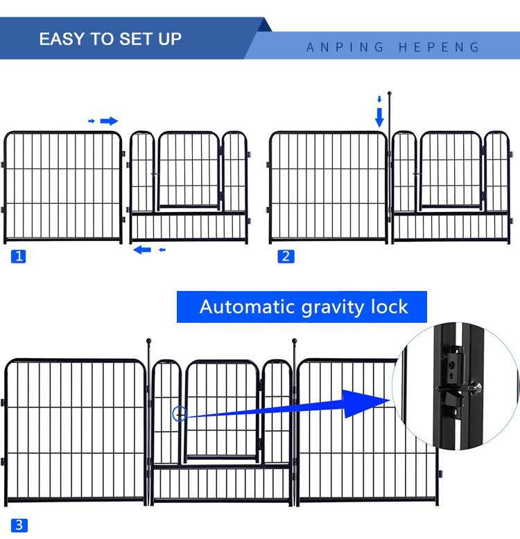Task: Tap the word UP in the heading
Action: tap(170, 39)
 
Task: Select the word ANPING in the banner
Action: tap(345, 47)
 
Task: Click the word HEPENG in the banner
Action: tap(439, 47)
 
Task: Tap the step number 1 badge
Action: tap(19, 256)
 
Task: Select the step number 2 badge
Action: tap(286, 256)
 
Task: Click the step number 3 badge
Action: tap(19, 525)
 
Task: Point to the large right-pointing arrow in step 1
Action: tap(109, 121)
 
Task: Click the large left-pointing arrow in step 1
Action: tap(142, 250)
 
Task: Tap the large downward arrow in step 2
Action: tap(379, 118)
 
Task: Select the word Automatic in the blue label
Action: tap(247, 307)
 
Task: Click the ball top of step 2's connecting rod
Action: tap(390, 93)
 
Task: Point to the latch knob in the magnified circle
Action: tap(477, 389)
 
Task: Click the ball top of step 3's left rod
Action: tap(148, 341)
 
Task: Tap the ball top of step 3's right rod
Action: tap(295, 341)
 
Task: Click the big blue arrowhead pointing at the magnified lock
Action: tap(365, 404)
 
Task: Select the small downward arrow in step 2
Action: tap(379, 99)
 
